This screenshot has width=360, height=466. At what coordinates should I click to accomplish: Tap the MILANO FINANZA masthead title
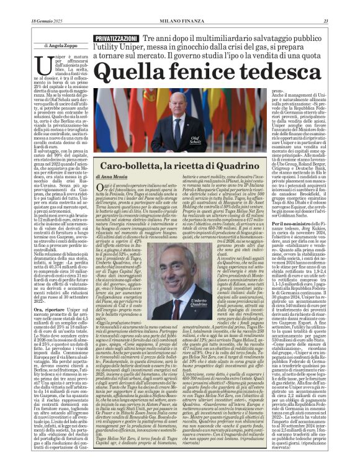coord(179,5)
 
